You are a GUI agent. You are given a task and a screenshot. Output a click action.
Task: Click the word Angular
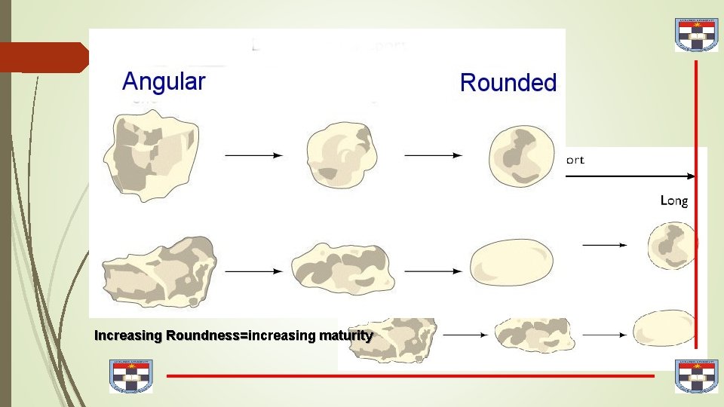tap(164, 81)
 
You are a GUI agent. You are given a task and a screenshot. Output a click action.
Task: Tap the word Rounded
tap(508, 83)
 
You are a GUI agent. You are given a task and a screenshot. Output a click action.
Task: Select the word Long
tap(673, 200)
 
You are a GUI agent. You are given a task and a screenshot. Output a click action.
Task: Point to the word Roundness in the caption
tap(202, 335)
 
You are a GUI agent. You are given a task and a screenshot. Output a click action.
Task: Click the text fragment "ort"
tap(574, 160)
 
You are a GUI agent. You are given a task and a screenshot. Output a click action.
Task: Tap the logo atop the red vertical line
tap(696, 34)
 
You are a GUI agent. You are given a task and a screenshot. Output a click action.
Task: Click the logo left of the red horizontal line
tap(131, 375)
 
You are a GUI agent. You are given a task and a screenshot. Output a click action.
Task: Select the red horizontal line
tap(411, 375)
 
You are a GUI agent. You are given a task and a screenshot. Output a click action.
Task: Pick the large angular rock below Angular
tap(150, 155)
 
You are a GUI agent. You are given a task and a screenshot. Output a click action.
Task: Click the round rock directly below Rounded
tap(517, 156)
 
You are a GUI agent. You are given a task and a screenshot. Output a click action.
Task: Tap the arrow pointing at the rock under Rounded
tap(433, 155)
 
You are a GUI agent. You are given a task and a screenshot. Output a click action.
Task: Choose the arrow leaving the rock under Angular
tap(253, 155)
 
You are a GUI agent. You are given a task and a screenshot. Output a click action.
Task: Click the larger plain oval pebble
tap(511, 265)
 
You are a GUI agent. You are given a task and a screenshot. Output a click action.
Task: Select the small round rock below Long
tap(671, 245)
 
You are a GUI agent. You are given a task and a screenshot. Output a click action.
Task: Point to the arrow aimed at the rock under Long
tap(604, 245)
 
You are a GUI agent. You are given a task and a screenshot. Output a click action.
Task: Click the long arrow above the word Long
tap(630, 176)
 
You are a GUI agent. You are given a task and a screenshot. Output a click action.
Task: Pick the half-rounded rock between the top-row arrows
tap(342, 155)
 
